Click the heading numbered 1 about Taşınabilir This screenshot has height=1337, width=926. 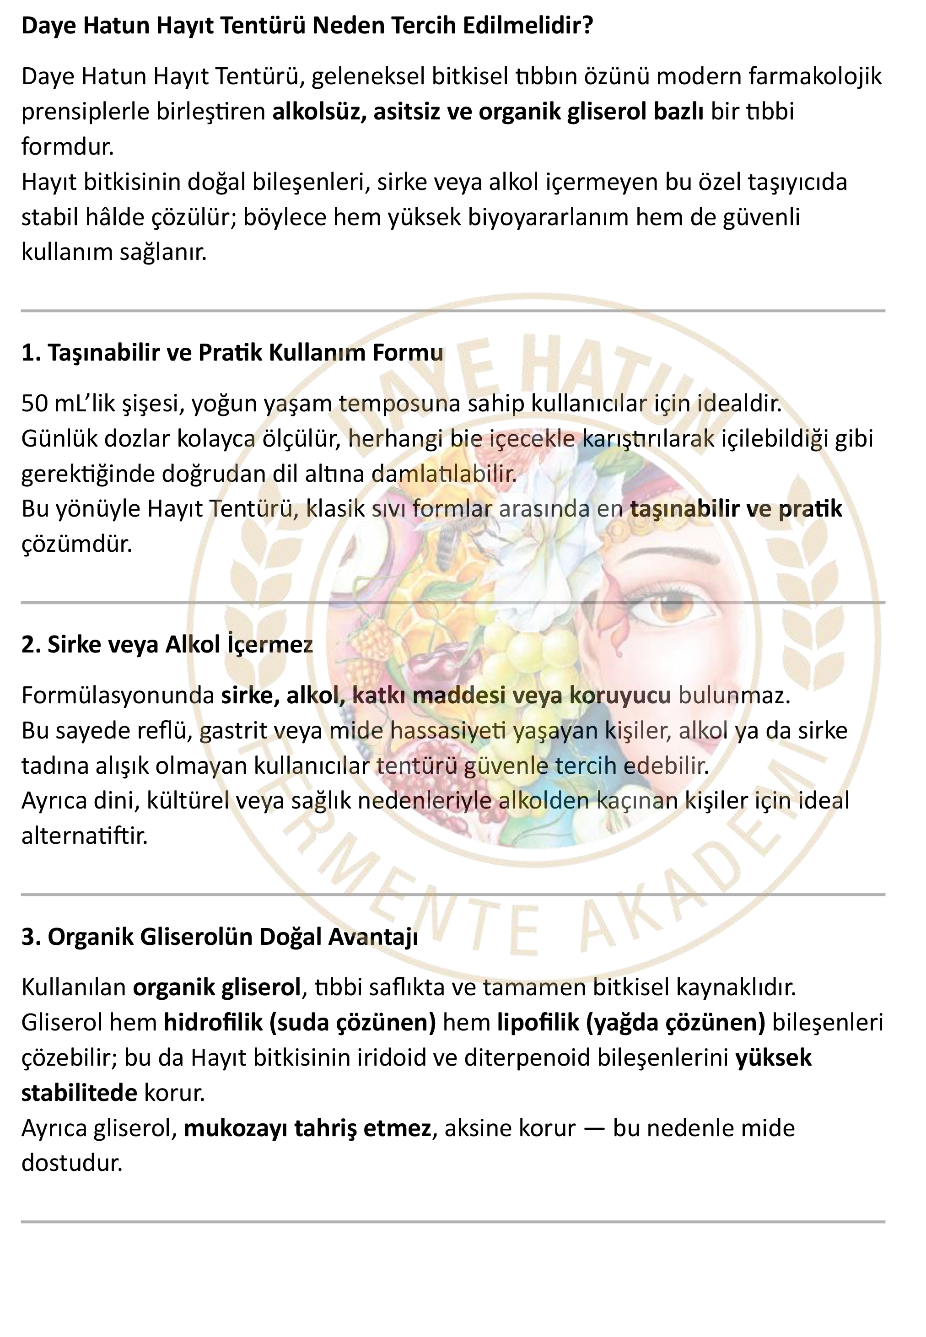click(232, 352)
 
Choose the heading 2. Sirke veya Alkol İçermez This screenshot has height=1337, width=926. click(167, 644)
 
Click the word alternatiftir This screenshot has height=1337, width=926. click(85, 836)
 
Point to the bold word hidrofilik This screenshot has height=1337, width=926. click(213, 1023)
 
